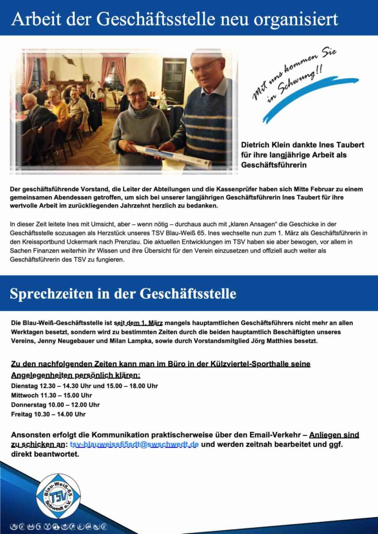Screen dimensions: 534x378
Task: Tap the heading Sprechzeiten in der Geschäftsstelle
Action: click(123, 294)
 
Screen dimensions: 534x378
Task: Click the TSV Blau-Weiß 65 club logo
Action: click(58, 495)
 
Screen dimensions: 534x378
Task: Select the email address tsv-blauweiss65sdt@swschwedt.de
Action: click(134, 444)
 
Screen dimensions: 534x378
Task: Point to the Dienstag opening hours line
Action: click(84, 386)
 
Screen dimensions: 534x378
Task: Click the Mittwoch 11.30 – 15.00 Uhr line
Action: click(51, 395)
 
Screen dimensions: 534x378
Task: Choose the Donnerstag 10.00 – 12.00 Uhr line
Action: click(55, 405)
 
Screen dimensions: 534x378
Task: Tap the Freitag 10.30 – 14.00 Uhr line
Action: click(48, 414)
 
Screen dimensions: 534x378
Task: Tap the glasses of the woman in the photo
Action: click(137, 94)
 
